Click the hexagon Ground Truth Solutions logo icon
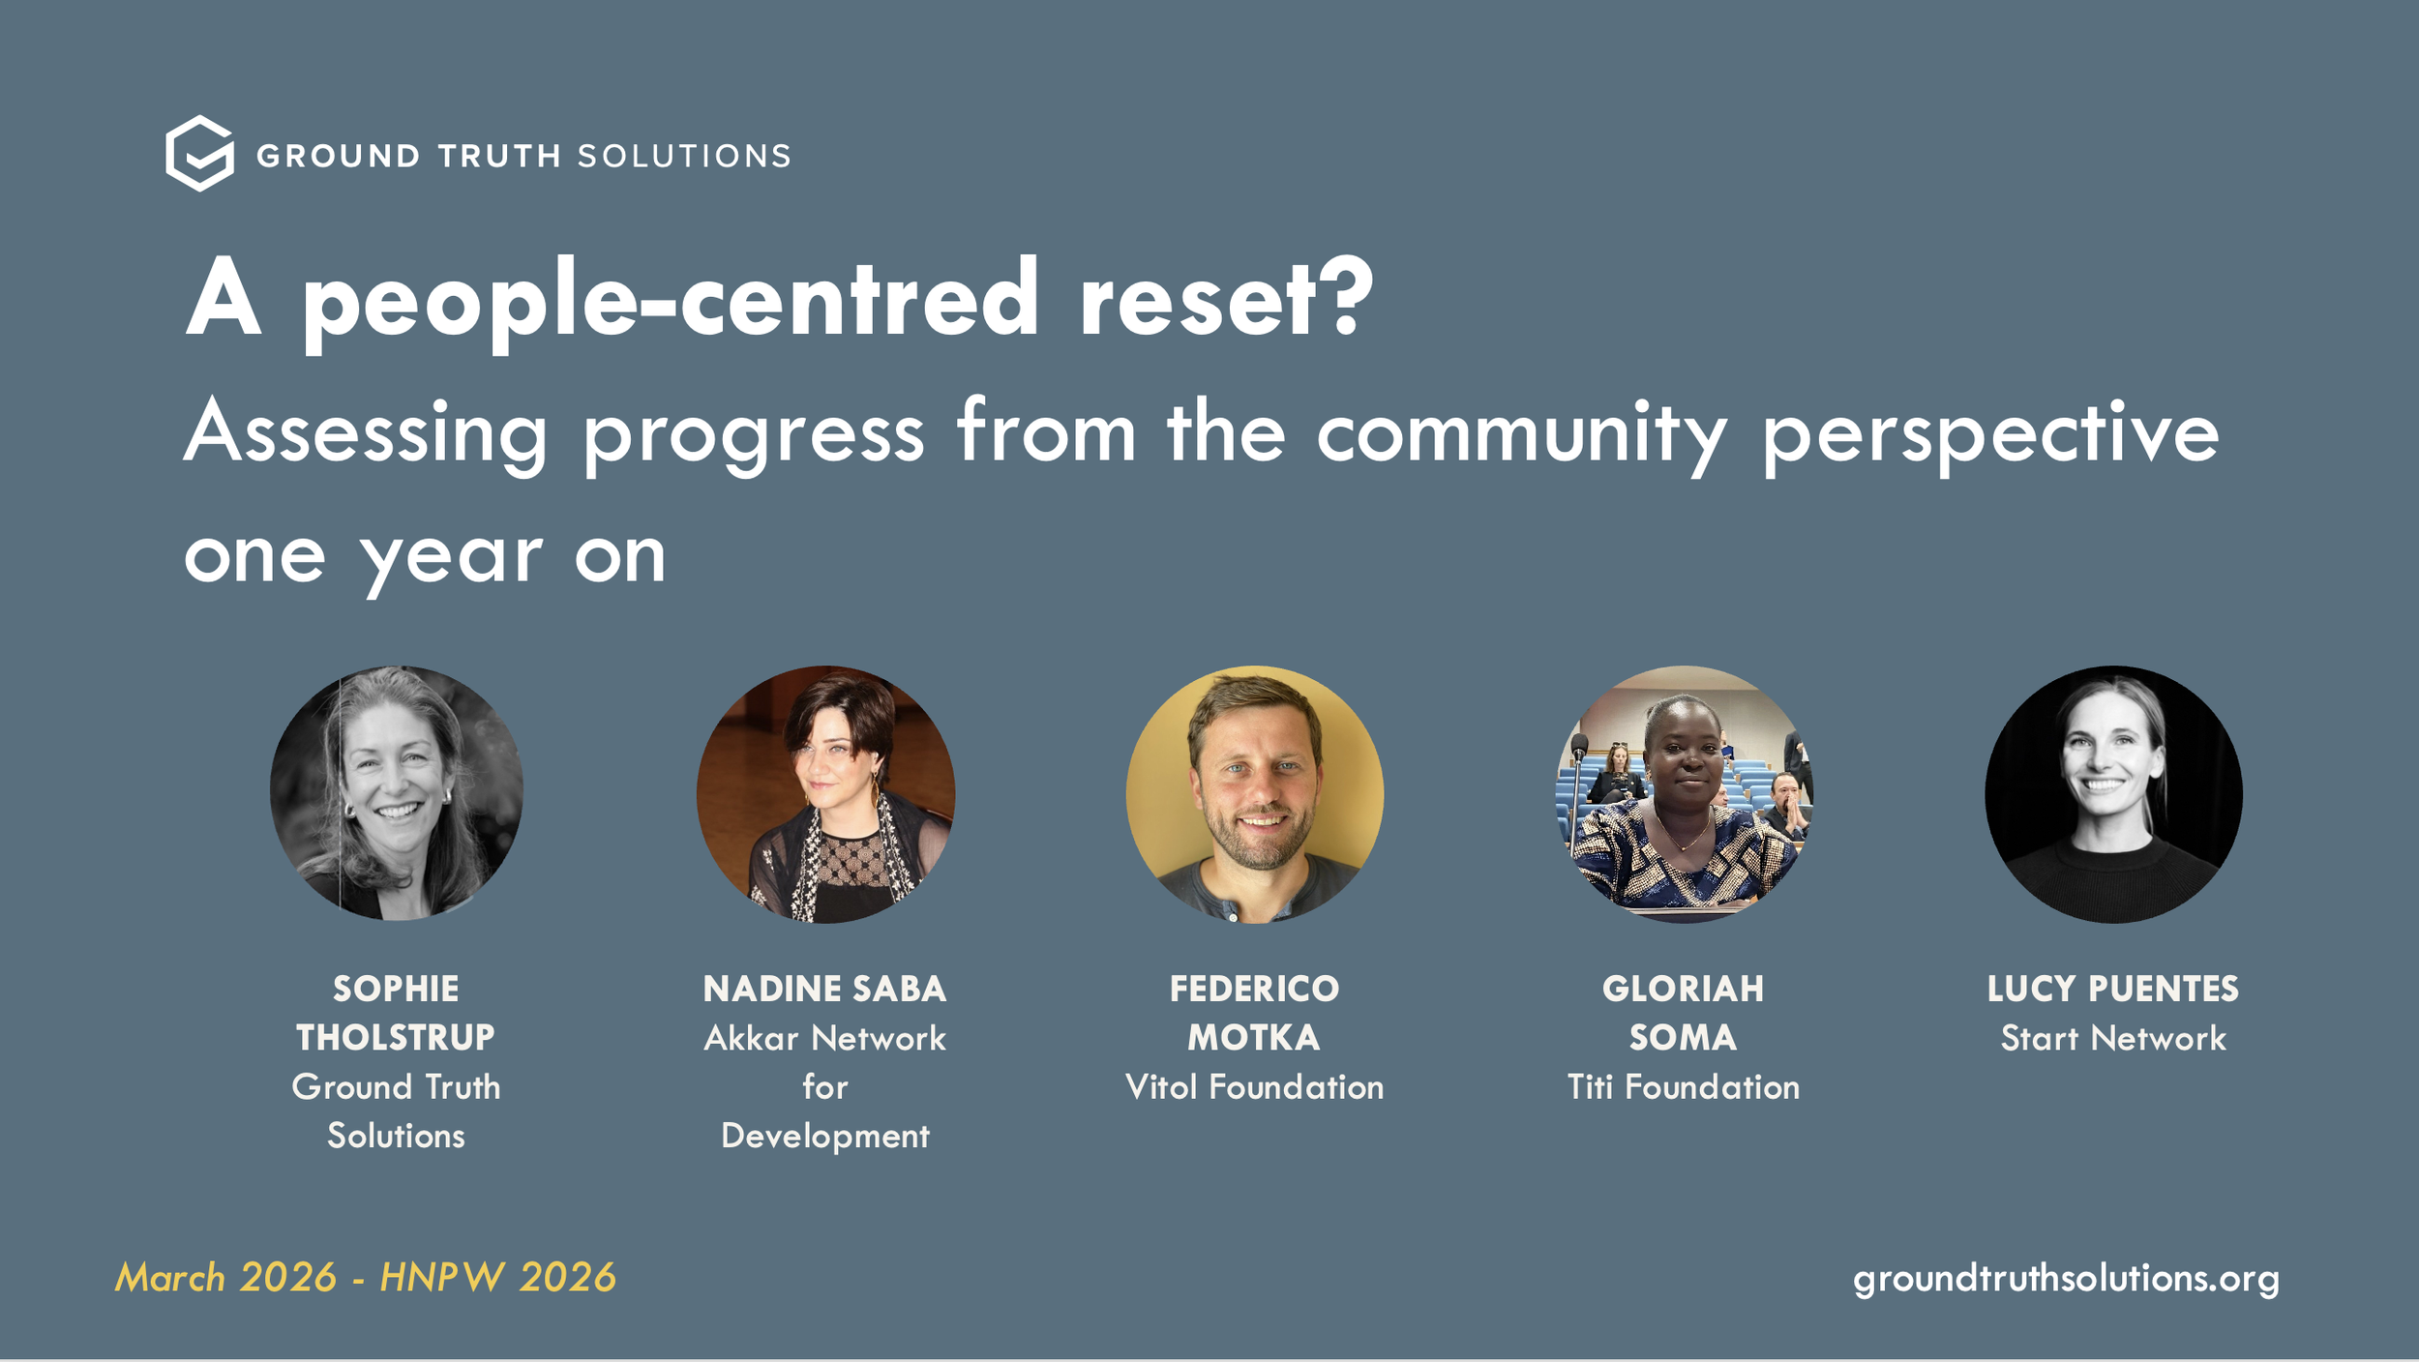(199, 154)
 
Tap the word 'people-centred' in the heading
(670, 302)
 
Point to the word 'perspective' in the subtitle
(1990, 435)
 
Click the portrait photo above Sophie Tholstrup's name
(397, 793)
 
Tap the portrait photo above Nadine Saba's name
(825, 793)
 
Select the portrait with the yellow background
(1254, 793)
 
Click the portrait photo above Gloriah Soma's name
(1684, 793)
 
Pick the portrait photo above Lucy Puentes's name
(2113, 793)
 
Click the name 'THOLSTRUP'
(396, 1038)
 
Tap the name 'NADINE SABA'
(824, 989)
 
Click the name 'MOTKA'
(1254, 1038)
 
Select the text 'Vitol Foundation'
(1254, 1087)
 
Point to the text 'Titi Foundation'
(1684, 1087)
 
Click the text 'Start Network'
(2113, 1038)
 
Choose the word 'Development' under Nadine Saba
(824, 1136)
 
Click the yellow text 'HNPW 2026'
(497, 1278)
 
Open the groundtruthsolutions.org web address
(2066, 1278)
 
